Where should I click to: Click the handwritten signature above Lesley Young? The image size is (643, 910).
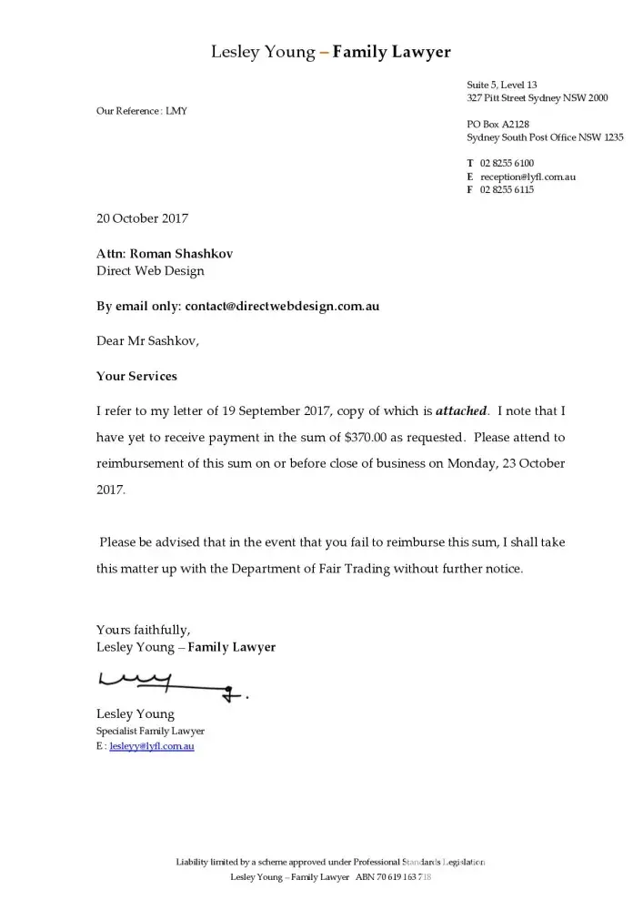click(x=168, y=685)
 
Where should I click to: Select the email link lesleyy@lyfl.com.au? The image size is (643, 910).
click(x=152, y=747)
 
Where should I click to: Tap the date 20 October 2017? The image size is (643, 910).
click(x=142, y=218)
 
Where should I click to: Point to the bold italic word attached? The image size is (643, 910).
click(x=461, y=411)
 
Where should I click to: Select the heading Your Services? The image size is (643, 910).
click(x=136, y=376)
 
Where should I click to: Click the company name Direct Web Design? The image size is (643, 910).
click(x=150, y=270)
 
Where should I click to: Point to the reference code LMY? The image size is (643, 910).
click(x=176, y=111)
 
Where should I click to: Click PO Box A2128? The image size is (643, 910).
click(x=497, y=124)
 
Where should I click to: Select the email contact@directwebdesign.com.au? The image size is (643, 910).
click(x=282, y=307)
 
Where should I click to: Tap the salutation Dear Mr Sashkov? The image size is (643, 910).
click(x=147, y=341)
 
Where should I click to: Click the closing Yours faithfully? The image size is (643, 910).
click(x=143, y=629)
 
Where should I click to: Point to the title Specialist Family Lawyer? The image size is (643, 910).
click(x=150, y=731)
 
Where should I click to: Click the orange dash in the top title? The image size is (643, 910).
click(x=324, y=53)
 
